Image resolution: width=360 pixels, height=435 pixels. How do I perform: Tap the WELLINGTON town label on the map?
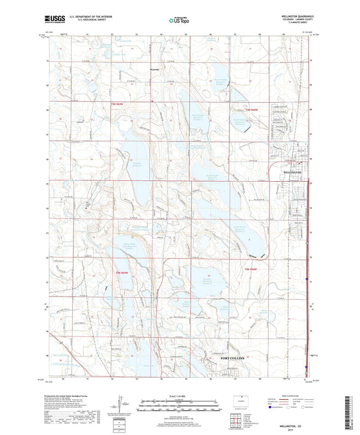(292, 172)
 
